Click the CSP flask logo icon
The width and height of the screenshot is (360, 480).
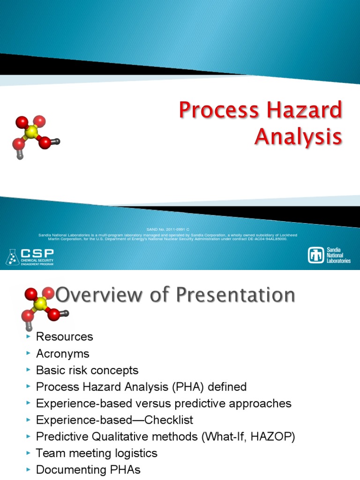(12, 256)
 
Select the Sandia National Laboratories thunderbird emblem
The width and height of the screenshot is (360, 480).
(316, 255)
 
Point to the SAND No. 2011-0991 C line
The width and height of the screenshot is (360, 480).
(167, 229)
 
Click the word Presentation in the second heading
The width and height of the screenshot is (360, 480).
(225, 295)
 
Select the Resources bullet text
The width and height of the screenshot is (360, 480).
(65, 337)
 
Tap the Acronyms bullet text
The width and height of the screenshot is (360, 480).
(63, 353)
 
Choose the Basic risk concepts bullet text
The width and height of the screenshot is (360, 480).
(87, 370)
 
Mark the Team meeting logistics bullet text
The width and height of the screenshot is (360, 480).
(97, 453)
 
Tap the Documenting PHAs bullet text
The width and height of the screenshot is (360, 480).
(88, 470)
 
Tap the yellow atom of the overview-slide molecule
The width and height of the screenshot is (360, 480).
(41, 305)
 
